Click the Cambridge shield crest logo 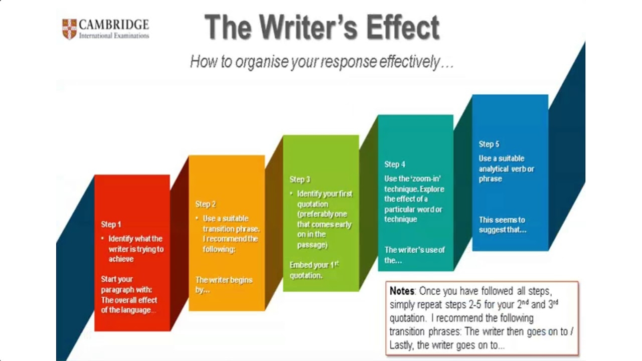pyautogui.click(x=69, y=29)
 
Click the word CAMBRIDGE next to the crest pyautogui.click(x=114, y=25)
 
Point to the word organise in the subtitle pyautogui.click(x=262, y=62)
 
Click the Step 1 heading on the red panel pyautogui.click(x=111, y=224)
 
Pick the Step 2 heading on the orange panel pyautogui.click(x=206, y=204)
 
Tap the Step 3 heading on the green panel pyautogui.click(x=300, y=179)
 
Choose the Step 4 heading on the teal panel pyautogui.click(x=395, y=164)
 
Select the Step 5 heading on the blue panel pyautogui.click(x=489, y=144)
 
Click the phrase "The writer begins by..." pyautogui.click(x=224, y=285)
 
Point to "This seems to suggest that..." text pyautogui.click(x=503, y=225)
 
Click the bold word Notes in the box pyautogui.click(x=402, y=291)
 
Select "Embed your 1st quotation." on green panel pyautogui.click(x=314, y=270)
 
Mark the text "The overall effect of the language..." pyautogui.click(x=129, y=305)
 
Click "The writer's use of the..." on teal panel pyautogui.click(x=414, y=255)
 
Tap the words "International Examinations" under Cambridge pyautogui.click(x=114, y=36)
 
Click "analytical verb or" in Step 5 pyautogui.click(x=506, y=169)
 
